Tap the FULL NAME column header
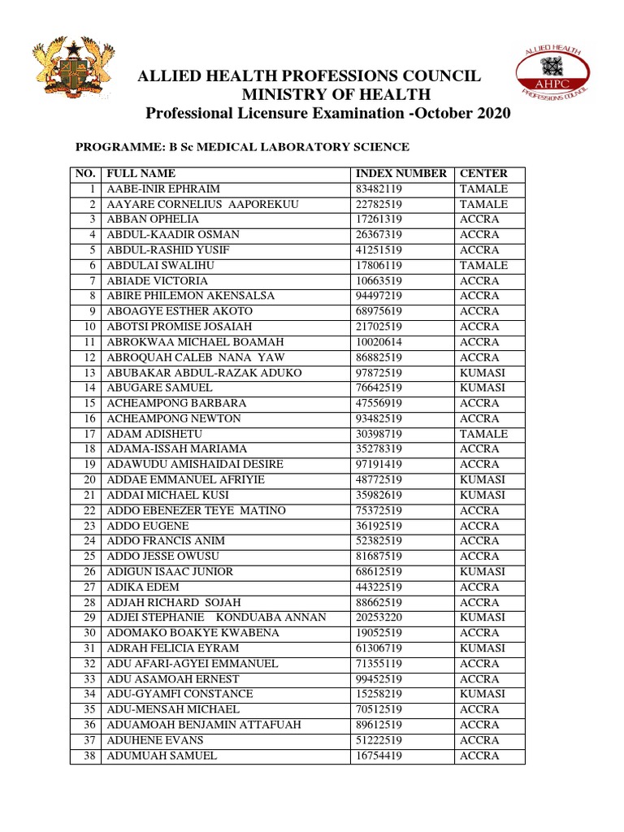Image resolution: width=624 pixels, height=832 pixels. tap(141, 174)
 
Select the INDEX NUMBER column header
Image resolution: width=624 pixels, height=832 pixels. tap(401, 174)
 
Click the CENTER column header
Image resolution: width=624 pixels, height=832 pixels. tap(483, 174)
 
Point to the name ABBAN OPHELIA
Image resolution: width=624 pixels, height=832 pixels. tap(152, 219)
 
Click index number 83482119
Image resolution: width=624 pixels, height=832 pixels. tap(380, 189)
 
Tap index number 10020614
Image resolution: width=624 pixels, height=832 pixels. tap(380, 342)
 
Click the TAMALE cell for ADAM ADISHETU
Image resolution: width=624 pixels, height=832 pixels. tap(483, 434)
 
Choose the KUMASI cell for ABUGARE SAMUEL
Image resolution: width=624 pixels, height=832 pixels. tap(483, 388)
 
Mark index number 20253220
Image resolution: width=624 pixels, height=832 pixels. tap(380, 617)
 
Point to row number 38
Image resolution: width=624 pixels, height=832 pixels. tap(89, 756)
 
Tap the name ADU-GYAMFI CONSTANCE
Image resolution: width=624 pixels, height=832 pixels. tap(180, 694)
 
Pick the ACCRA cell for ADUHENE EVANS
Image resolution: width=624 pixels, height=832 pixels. tap(479, 740)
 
